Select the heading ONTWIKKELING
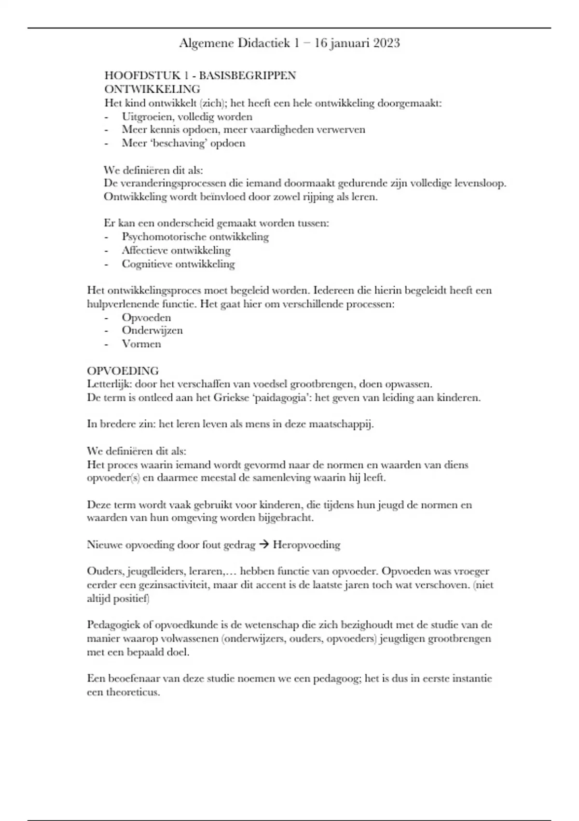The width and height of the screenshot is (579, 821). [x=152, y=89]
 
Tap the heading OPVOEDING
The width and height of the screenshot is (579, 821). [x=123, y=371]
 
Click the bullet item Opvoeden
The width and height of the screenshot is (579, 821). [x=146, y=317]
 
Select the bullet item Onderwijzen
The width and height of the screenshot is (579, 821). [x=152, y=330]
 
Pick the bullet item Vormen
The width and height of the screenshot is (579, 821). [x=141, y=344]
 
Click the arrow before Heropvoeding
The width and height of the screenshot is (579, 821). [x=263, y=545]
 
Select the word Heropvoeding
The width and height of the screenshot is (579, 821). [x=306, y=545]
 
